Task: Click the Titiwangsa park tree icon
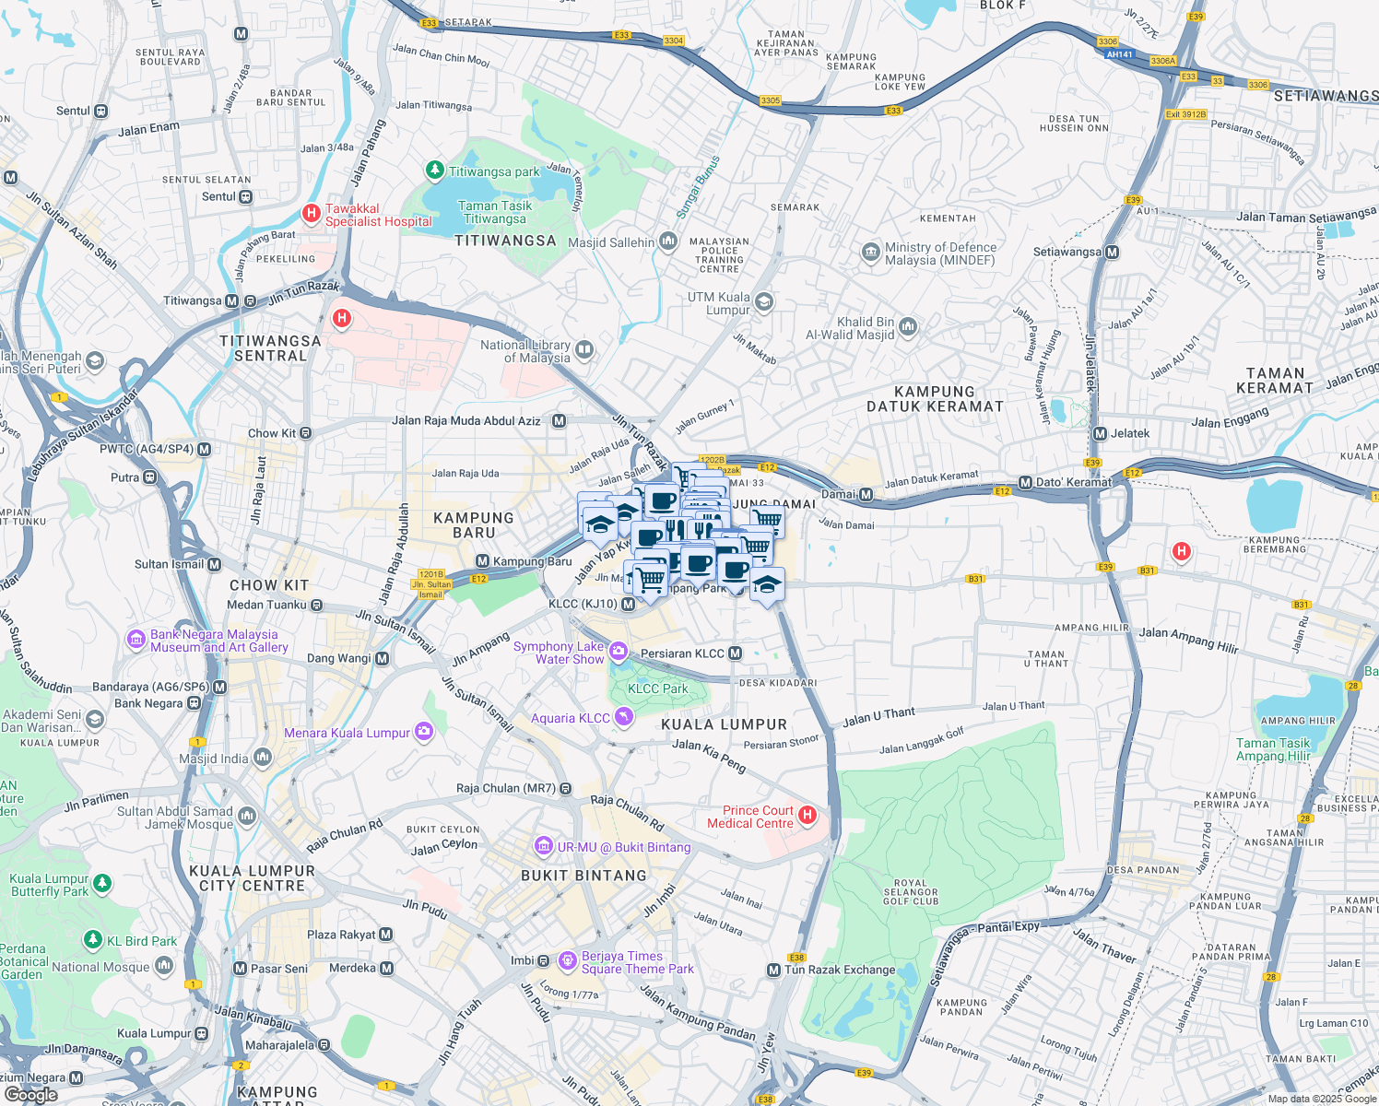click(434, 171)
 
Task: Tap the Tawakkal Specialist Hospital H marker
click(312, 214)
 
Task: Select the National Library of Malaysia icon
click(584, 350)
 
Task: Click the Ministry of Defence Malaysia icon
click(870, 253)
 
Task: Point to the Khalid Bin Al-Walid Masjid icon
click(908, 326)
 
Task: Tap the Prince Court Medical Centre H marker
click(807, 815)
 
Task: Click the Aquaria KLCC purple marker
click(624, 717)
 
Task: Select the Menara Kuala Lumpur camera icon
click(424, 732)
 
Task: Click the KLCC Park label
click(657, 688)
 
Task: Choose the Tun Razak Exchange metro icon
click(774, 970)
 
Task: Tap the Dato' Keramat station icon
click(1025, 483)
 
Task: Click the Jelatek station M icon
click(1100, 433)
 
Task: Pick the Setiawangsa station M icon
click(1112, 252)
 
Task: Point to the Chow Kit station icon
click(306, 433)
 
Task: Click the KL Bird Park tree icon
click(92, 940)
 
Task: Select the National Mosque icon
click(164, 965)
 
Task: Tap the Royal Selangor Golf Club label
click(910, 892)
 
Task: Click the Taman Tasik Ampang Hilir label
click(1273, 749)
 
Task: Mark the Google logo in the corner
click(30, 1095)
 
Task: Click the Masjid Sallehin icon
click(668, 241)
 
